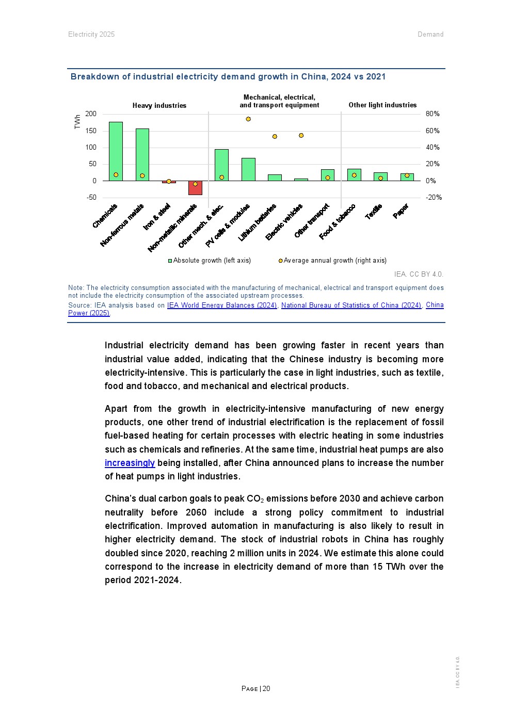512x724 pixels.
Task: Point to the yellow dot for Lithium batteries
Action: [x=275, y=137]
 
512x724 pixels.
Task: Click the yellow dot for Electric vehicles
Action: [x=301, y=136]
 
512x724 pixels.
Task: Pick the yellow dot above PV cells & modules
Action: [x=248, y=119]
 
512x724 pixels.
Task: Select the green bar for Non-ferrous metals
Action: [x=142, y=154]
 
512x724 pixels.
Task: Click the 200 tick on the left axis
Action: [x=91, y=114]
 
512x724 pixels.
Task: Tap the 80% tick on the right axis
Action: [x=433, y=114]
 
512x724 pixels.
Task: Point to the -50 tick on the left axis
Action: [x=91, y=198]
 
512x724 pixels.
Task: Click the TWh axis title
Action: [x=77, y=122]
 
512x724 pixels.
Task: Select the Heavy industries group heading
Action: [x=159, y=106]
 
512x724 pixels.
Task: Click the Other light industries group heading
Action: [x=382, y=105]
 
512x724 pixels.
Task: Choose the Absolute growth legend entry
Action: [x=210, y=261]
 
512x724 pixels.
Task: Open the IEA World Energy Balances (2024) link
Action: [x=222, y=305]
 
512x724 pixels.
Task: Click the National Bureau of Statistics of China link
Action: [x=351, y=305]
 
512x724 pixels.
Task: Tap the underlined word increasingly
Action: [x=130, y=463]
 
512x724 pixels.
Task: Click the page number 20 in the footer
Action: [x=266, y=688]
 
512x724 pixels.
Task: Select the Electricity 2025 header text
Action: [x=91, y=35]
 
